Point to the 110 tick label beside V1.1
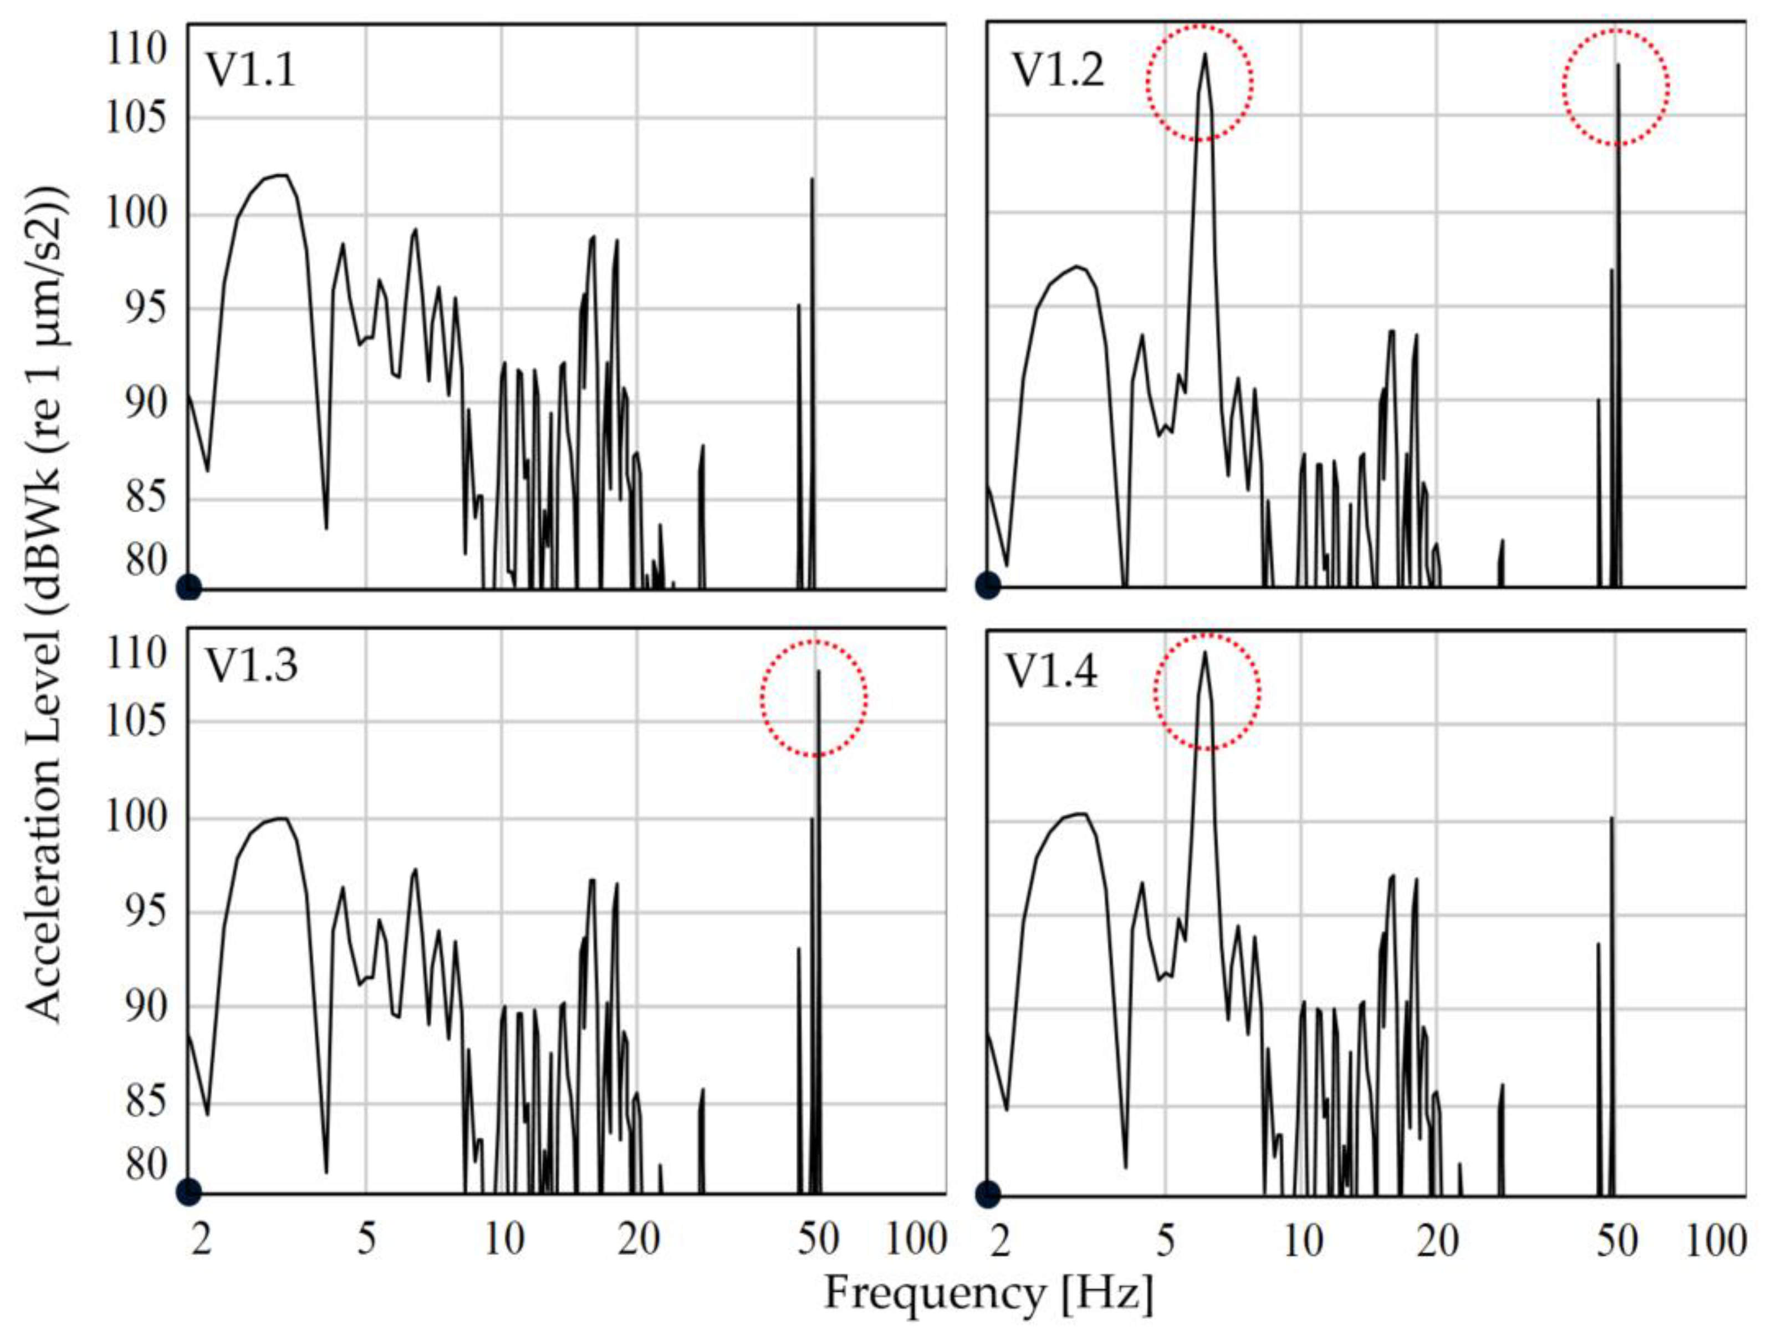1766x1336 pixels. pyautogui.click(x=136, y=49)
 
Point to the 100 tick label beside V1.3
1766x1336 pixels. pyautogui.click(x=136, y=817)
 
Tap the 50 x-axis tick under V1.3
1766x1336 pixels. pyautogui.click(x=818, y=1240)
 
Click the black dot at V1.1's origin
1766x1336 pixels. pyautogui.click(x=189, y=588)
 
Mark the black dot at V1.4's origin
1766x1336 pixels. pyautogui.click(x=988, y=1195)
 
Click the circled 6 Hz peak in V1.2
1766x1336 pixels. pyautogui.click(x=1204, y=56)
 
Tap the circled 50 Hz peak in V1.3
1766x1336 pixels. pyautogui.click(x=818, y=672)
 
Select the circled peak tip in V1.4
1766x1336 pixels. pyautogui.click(x=1204, y=654)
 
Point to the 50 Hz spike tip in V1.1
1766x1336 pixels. pyautogui.click(x=812, y=180)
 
